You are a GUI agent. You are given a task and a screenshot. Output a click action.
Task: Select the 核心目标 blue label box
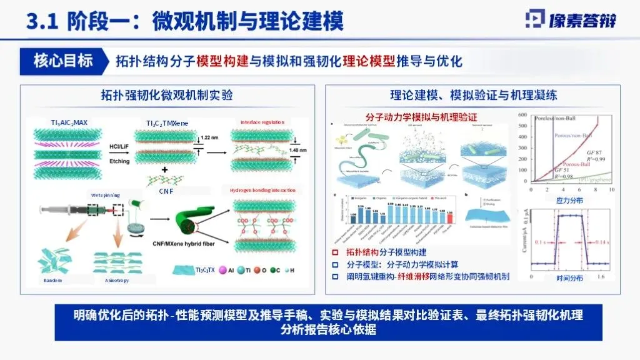[x=64, y=61]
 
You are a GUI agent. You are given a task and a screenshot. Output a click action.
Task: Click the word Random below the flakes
[x=52, y=279]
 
